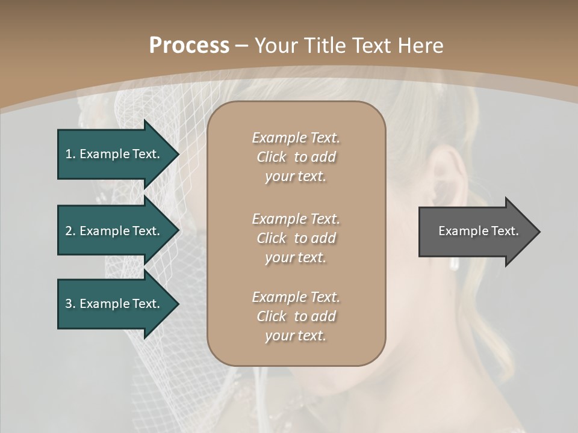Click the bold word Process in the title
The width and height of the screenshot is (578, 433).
(x=189, y=46)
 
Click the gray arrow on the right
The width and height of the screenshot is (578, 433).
(x=476, y=232)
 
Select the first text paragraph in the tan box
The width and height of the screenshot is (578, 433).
(x=296, y=157)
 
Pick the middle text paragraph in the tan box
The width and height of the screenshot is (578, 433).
(x=296, y=238)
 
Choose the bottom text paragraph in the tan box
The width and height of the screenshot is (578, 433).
(x=296, y=316)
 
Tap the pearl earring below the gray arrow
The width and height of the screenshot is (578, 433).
(x=455, y=263)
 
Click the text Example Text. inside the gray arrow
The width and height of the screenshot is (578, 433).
(x=478, y=231)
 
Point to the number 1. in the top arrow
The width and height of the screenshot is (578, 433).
(x=70, y=154)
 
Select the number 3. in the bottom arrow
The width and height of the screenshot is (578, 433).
(x=70, y=304)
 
